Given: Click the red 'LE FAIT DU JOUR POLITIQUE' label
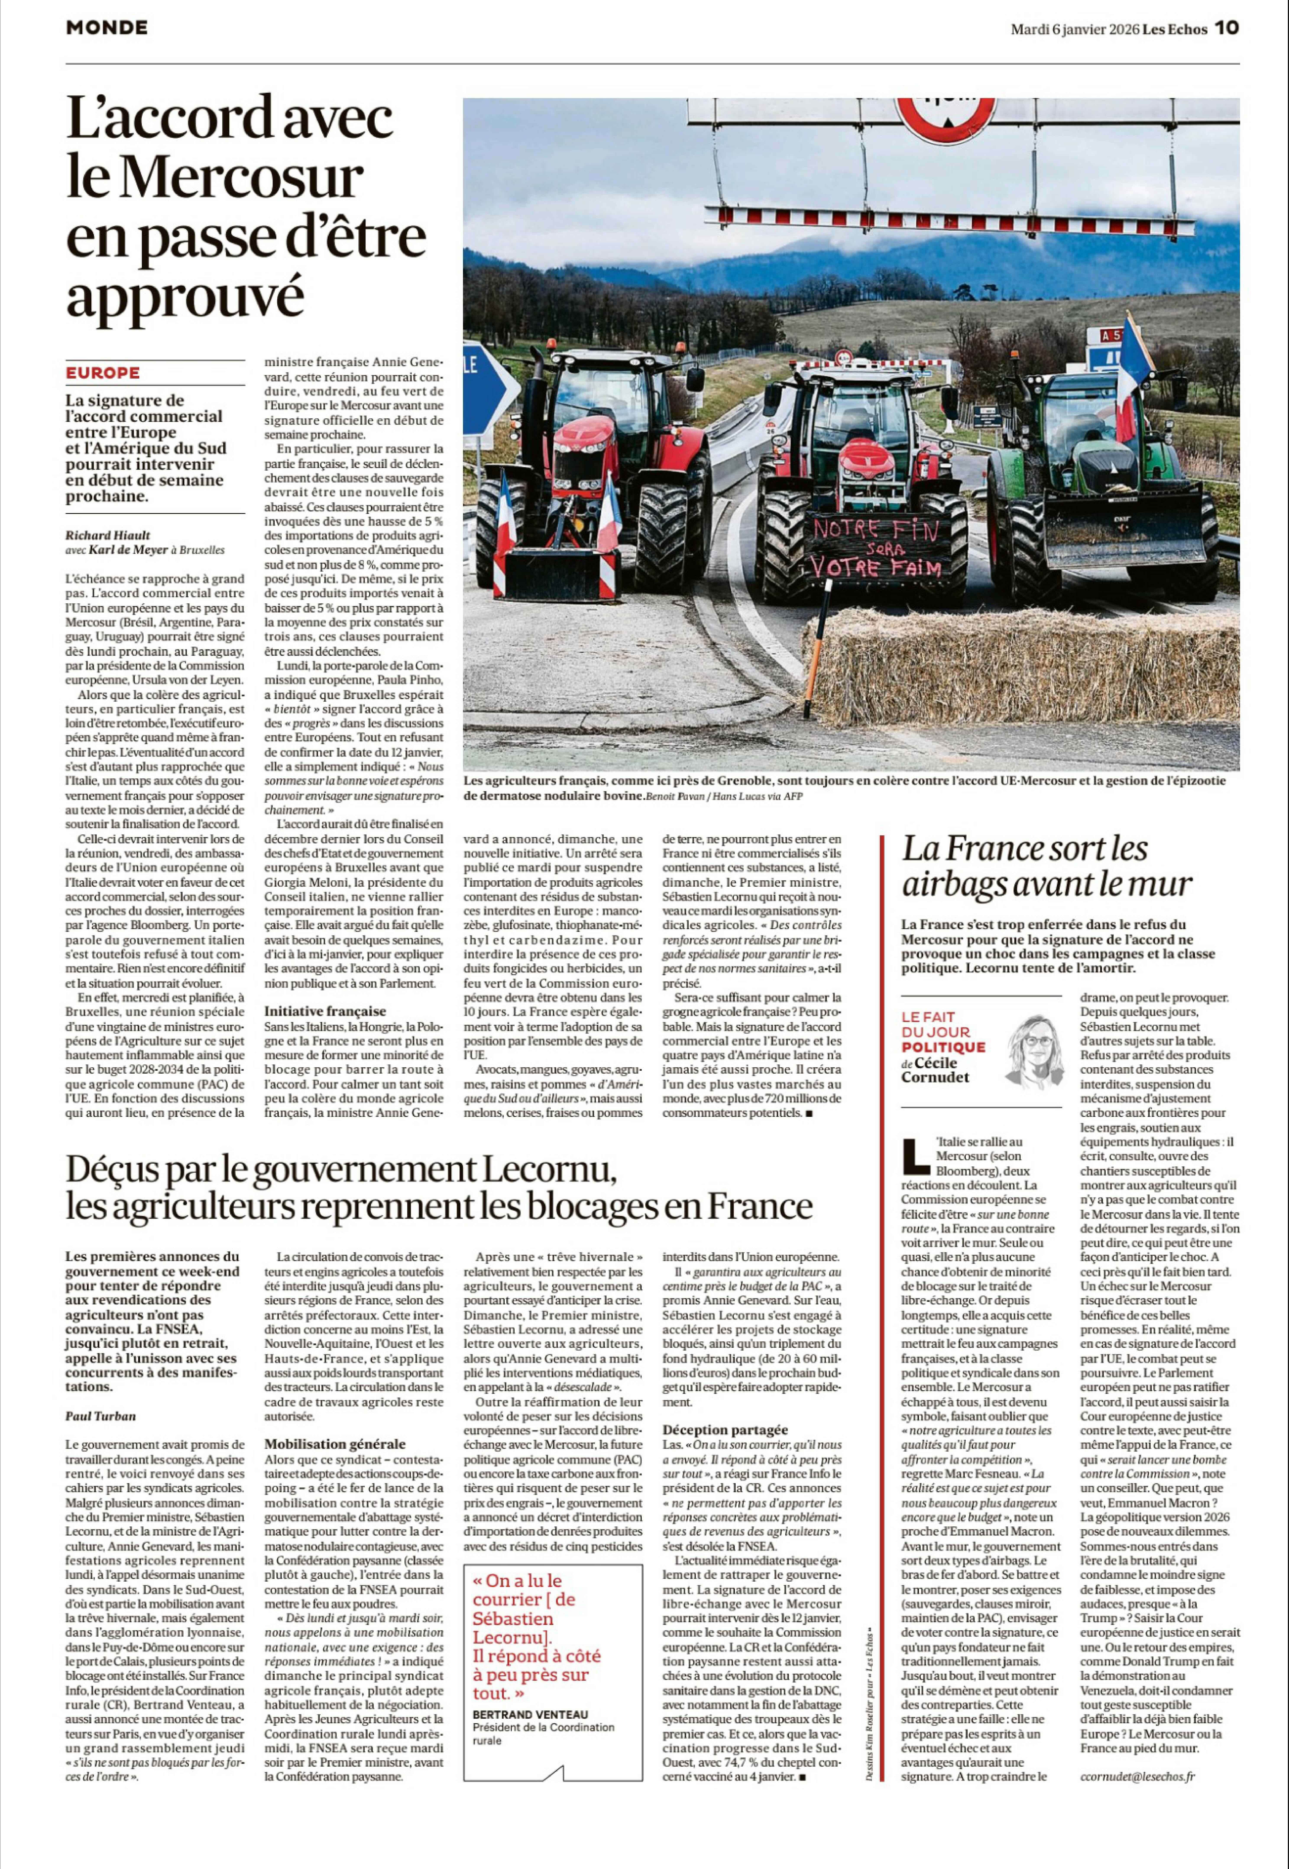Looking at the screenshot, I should [x=943, y=1032].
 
